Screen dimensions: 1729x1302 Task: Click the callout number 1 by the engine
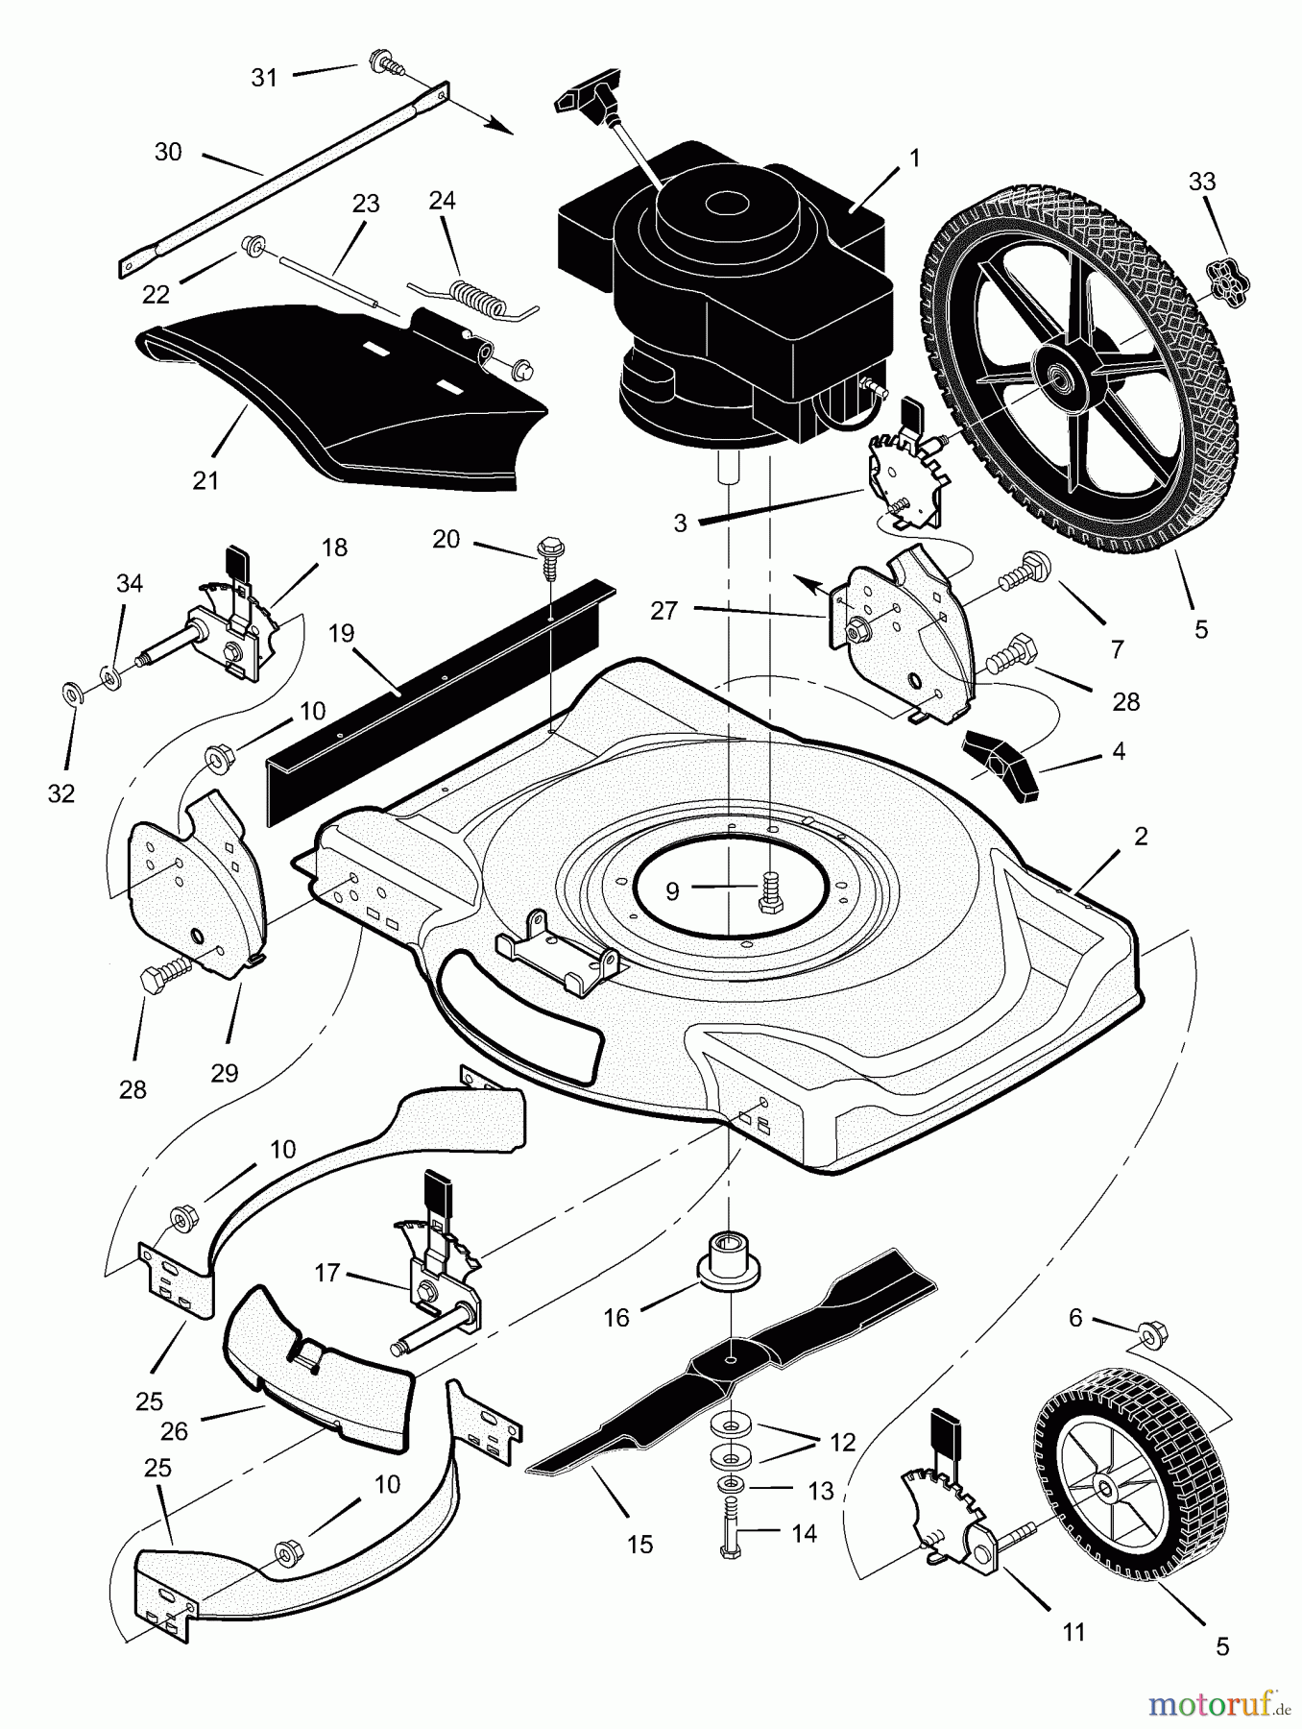coord(915,158)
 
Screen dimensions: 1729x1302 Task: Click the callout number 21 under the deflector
coord(206,480)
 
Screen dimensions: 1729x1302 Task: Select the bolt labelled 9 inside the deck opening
coord(767,890)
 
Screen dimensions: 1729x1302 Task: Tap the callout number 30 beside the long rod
coord(168,152)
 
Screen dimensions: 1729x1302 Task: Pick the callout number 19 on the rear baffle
coord(341,634)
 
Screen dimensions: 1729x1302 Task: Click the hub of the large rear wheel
coord(1061,373)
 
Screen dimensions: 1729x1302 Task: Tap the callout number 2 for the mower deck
coord(1141,836)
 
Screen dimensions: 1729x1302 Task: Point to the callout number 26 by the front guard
coord(174,1431)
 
